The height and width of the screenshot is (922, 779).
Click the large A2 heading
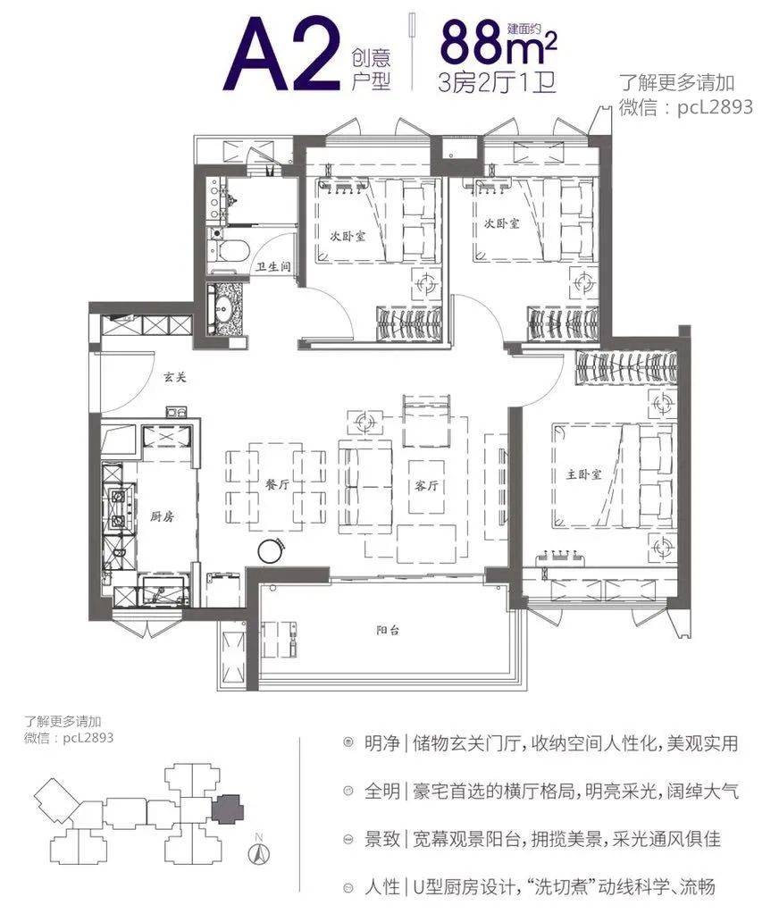(283, 55)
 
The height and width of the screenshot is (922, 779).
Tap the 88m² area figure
(498, 43)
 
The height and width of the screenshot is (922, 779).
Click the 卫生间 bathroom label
(272, 266)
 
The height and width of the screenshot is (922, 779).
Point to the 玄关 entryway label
(174, 377)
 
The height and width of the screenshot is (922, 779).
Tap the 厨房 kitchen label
(162, 517)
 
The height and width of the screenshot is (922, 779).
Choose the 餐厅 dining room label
(277, 484)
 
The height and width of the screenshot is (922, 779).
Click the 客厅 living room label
(427, 486)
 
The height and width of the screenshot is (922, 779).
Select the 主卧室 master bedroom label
(584, 474)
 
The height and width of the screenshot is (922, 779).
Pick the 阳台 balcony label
(388, 631)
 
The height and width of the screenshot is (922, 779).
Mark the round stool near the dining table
(271, 551)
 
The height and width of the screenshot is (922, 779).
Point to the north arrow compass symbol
(259, 851)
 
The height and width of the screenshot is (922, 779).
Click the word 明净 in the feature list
(382, 743)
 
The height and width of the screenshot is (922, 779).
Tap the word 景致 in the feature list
(382, 839)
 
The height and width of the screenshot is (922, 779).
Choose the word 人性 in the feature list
(382, 886)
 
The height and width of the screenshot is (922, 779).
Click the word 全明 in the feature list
(382, 791)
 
